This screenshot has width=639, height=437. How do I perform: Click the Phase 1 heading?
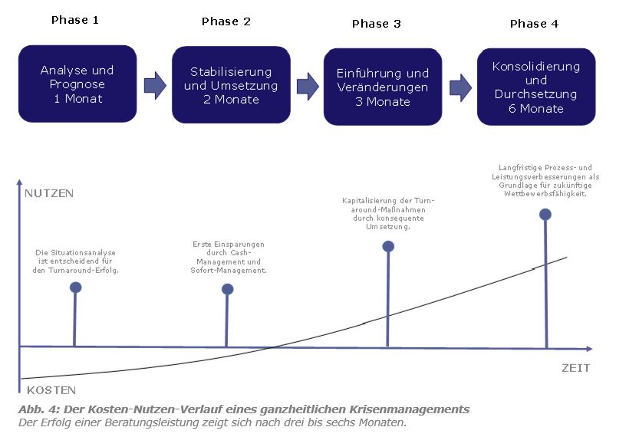tap(74, 20)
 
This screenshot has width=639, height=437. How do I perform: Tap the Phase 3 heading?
tap(376, 24)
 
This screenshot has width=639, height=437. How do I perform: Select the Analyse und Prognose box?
tap(77, 84)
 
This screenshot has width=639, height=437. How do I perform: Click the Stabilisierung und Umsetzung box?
tap(231, 85)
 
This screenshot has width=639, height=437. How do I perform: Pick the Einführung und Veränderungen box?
tap(382, 87)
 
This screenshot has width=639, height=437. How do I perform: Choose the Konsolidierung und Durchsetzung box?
tap(536, 87)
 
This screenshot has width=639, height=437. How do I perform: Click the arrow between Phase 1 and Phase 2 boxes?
tap(155, 84)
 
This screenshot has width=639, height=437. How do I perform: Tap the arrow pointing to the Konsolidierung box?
tap(460, 87)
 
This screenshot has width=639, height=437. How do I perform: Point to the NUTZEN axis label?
tap(49, 193)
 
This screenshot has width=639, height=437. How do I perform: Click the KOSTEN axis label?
tap(48, 390)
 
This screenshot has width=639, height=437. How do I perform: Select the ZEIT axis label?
tap(575, 368)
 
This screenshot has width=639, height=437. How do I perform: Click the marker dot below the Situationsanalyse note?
tap(75, 287)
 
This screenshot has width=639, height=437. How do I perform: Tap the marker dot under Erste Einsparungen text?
tap(227, 289)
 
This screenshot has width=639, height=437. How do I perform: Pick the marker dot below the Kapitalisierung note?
tap(388, 246)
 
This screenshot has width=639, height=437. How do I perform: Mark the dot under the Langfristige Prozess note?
tap(545, 214)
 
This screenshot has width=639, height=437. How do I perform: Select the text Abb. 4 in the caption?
tap(36, 409)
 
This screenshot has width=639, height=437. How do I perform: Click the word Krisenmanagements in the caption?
tap(412, 409)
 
